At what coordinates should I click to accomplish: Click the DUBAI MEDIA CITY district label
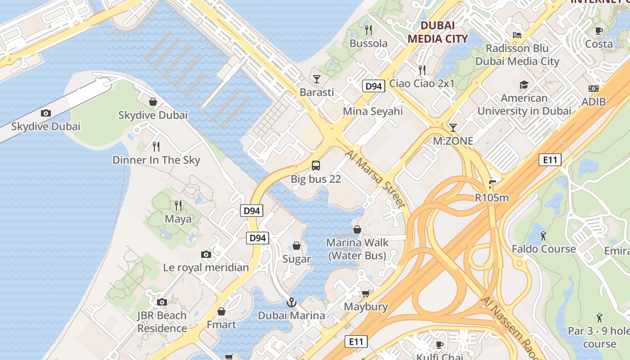coord(437,32)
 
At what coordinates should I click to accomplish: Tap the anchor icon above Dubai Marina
coord(291,302)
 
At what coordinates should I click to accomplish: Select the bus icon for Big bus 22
coord(316,165)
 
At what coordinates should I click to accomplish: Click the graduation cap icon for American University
coord(524,85)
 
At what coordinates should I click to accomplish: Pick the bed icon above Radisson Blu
coord(517,35)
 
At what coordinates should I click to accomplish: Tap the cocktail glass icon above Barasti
coord(317,79)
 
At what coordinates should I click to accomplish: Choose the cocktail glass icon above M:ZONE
coord(453,127)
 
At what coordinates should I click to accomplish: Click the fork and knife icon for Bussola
coord(369,30)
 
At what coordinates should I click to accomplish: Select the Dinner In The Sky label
coord(156,160)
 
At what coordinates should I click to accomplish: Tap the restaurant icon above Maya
coord(178,206)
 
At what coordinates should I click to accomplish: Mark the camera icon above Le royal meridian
coord(206,254)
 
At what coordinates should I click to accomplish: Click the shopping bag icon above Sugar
coord(297,246)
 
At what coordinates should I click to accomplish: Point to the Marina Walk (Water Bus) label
coord(357,249)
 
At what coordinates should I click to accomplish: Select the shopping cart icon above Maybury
coord(366,293)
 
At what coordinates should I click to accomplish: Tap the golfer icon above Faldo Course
coord(543,235)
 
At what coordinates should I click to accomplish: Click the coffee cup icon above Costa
coord(598,31)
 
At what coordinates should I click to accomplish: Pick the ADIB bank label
coord(594,102)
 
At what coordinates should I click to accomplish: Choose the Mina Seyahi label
coord(373,111)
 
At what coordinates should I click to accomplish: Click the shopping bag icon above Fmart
coord(221,311)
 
